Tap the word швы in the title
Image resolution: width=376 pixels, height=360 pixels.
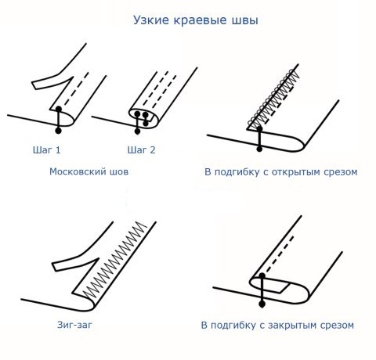[x=245, y=20]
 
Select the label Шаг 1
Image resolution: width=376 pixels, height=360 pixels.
[x=47, y=150]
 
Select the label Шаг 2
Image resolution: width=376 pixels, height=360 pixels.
[x=141, y=150]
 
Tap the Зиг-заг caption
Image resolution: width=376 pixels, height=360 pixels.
[x=74, y=325]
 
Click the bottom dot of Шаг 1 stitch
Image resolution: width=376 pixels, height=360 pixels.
[x=58, y=131]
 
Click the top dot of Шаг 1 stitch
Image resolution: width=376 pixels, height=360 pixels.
[x=59, y=109]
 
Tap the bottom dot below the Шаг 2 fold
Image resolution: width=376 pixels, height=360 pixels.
[x=137, y=131]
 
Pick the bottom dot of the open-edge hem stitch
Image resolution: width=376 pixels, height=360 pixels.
[x=259, y=149]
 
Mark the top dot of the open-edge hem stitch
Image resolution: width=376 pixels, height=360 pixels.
[x=259, y=129]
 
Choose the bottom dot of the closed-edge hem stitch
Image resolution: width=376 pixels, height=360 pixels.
[x=262, y=304]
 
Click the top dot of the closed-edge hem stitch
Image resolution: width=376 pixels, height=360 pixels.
[x=262, y=276]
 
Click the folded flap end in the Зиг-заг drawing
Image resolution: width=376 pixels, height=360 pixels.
[x=55, y=267]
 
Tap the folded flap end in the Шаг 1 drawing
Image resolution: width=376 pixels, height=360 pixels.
[x=34, y=85]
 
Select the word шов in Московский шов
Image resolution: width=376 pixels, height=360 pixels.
[x=119, y=172]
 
